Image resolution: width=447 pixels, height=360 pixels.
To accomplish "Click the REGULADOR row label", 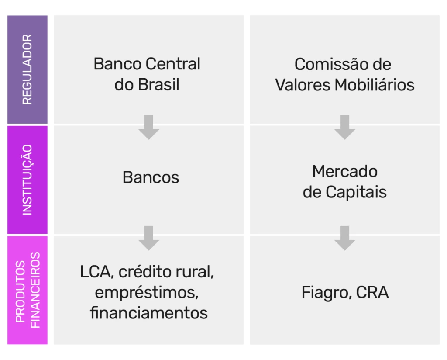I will (27, 69).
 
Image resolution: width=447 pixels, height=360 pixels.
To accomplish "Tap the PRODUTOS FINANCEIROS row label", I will (27, 290).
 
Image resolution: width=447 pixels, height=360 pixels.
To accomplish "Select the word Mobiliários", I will (375, 84).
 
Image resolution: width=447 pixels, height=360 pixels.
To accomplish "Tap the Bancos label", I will (151, 177).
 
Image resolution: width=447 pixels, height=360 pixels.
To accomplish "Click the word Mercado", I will (345, 171).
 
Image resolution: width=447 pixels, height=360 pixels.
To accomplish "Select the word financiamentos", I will (149, 313).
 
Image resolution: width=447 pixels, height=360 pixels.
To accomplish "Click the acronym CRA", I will (372, 292).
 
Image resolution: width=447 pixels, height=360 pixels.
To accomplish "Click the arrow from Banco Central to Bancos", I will (149, 127).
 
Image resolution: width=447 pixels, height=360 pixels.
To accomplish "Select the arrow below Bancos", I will (149, 238).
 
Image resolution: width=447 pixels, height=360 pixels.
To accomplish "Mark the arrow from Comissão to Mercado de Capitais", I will (345, 127).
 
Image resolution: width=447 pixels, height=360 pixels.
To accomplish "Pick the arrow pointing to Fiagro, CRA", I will (345, 238).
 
